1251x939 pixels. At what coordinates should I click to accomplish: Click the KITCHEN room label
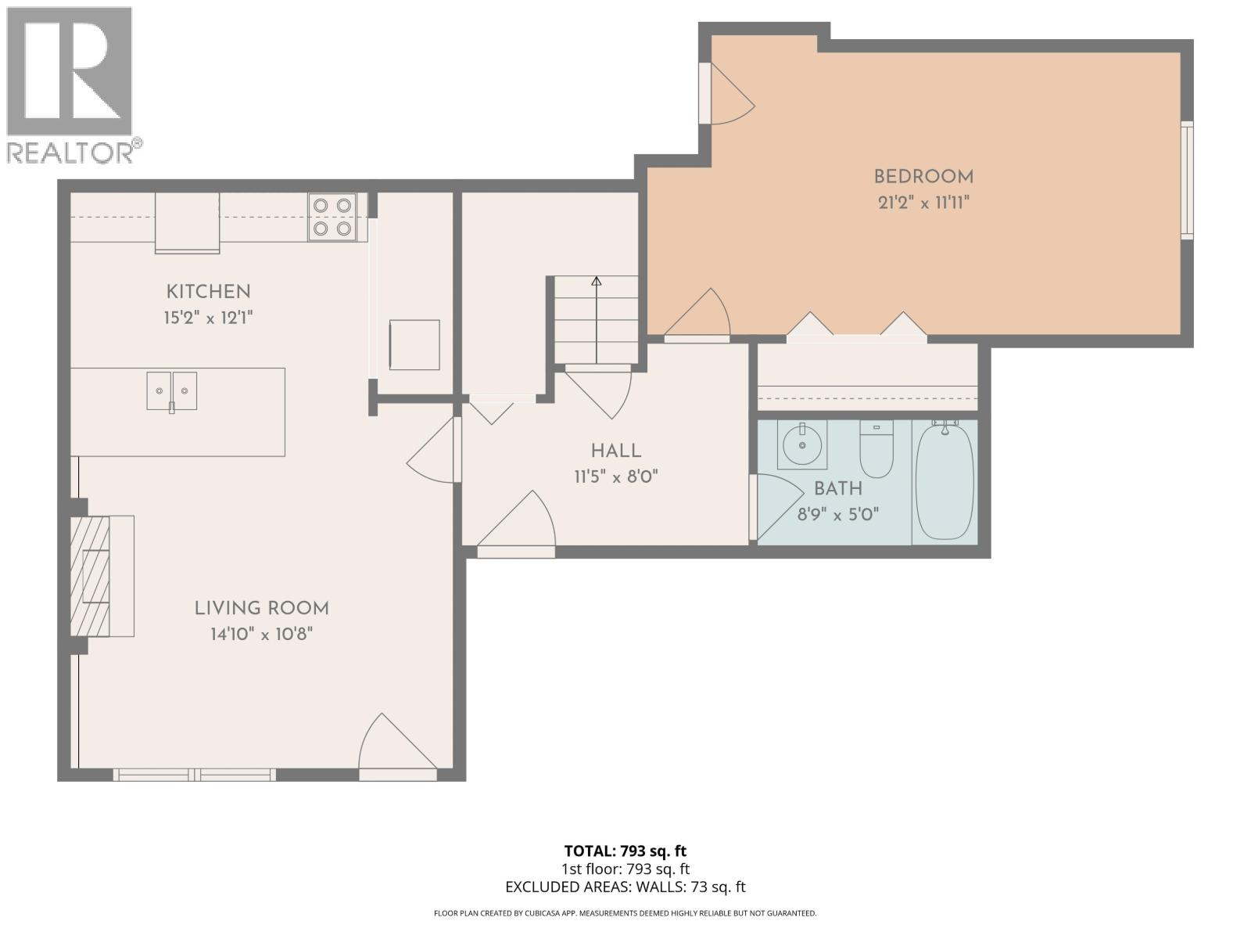pyautogui.click(x=208, y=292)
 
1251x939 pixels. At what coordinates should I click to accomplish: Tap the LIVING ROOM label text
pyautogui.click(x=261, y=608)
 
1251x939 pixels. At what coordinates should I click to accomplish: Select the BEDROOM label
pyautogui.click(x=923, y=177)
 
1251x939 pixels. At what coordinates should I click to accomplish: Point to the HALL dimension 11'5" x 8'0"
pyautogui.click(x=616, y=477)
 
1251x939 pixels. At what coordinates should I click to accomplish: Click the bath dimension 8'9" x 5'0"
pyautogui.click(x=838, y=514)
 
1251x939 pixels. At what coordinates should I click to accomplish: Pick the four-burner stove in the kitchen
pyautogui.click(x=332, y=217)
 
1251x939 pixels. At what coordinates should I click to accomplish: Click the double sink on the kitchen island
pyautogui.click(x=172, y=390)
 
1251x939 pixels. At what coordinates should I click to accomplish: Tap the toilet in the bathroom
pyautogui.click(x=876, y=449)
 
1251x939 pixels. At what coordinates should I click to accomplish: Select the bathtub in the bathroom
pyautogui.click(x=945, y=481)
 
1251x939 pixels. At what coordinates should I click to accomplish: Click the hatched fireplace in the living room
pyautogui.click(x=90, y=576)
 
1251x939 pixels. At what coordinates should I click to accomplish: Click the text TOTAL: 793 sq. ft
pyautogui.click(x=625, y=851)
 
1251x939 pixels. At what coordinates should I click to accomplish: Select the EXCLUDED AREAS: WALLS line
pyautogui.click(x=625, y=887)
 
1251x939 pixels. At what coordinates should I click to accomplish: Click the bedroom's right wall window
pyautogui.click(x=1187, y=179)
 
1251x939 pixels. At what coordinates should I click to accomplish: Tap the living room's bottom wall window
pyautogui.click(x=195, y=775)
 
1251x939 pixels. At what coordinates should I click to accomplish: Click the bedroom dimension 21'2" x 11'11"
pyautogui.click(x=923, y=203)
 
